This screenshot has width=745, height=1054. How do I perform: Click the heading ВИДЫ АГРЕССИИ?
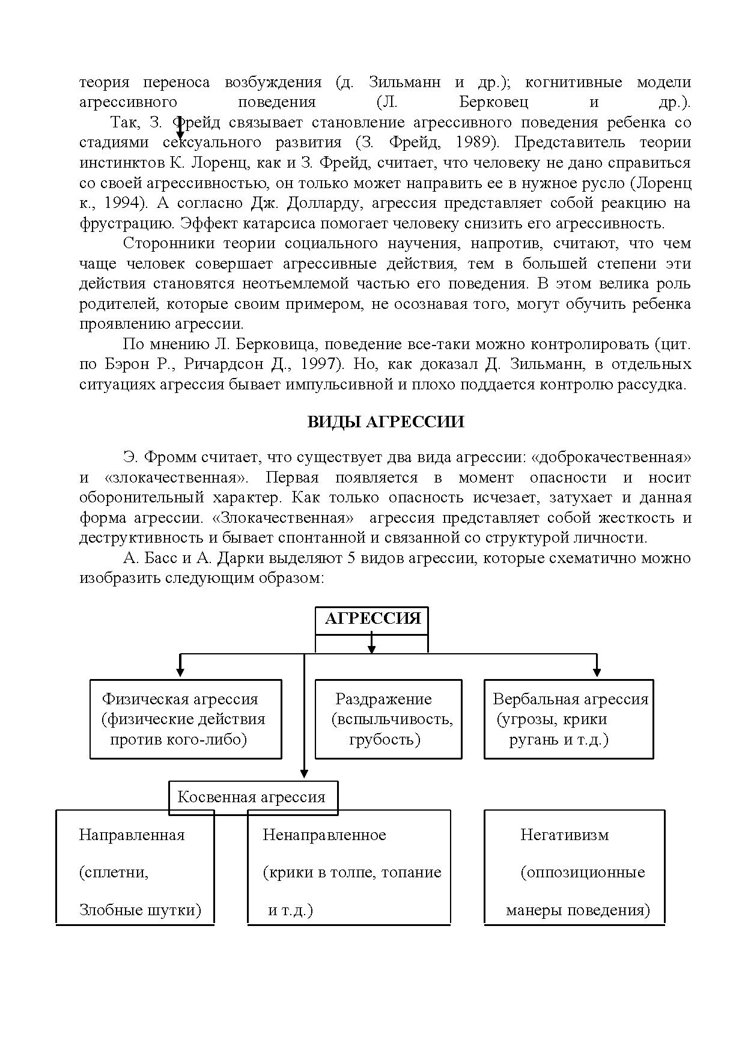[385, 422]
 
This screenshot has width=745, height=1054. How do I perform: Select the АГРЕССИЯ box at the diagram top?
[372, 620]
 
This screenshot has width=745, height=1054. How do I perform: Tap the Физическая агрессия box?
[186, 719]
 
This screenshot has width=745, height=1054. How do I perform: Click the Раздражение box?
[388, 719]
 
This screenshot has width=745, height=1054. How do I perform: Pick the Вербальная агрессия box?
[568, 719]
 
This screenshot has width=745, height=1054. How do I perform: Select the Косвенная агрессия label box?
[252, 797]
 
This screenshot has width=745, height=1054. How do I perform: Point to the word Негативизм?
[564, 835]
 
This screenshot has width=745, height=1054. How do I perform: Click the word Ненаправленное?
[324, 835]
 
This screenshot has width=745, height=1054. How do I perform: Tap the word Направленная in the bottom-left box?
[132, 835]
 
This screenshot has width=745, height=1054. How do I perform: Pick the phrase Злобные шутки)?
[140, 910]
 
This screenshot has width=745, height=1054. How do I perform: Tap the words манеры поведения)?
[577, 910]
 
